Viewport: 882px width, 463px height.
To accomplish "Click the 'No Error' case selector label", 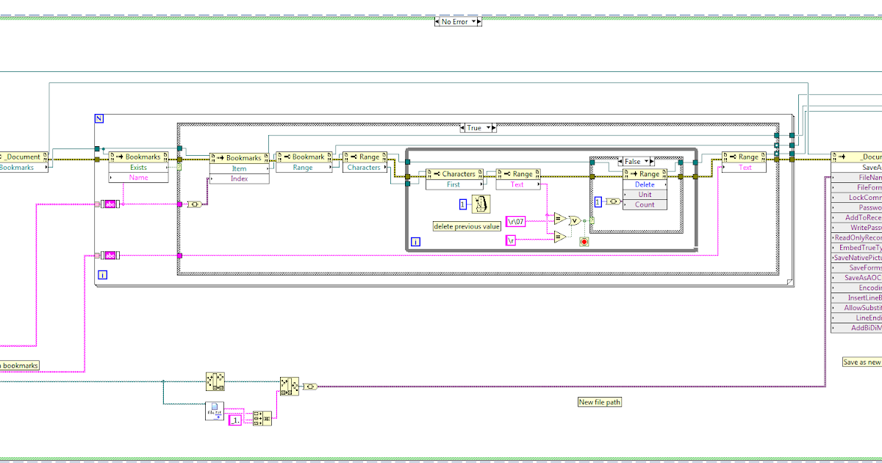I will coord(454,22).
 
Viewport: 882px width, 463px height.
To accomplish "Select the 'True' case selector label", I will coord(474,128).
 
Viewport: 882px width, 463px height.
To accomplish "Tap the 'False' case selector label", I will coord(631,162).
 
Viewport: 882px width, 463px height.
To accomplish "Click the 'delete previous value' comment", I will coord(467,226).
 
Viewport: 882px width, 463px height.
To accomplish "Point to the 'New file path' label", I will coord(600,402).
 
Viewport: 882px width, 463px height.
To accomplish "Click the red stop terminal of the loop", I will coord(584,241).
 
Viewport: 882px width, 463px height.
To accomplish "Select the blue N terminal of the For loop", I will coord(99,118).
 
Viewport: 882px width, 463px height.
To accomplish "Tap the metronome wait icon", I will coord(481,204).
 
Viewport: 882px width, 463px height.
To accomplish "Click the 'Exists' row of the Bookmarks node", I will coord(138,168).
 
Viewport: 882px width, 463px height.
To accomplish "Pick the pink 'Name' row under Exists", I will coord(138,178).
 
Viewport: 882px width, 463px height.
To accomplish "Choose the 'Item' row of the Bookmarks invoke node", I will coord(239,168).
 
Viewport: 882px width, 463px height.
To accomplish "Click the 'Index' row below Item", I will coord(239,179).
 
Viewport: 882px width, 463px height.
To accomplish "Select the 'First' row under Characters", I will coord(453,184).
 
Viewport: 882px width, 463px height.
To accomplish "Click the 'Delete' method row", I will coord(645,184).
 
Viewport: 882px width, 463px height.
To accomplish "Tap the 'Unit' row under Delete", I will coord(645,195).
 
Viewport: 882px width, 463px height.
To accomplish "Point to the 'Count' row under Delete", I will coord(645,204).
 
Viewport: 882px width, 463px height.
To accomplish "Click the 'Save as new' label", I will coord(861,362).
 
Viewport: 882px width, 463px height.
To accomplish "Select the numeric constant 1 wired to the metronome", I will coord(463,204).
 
